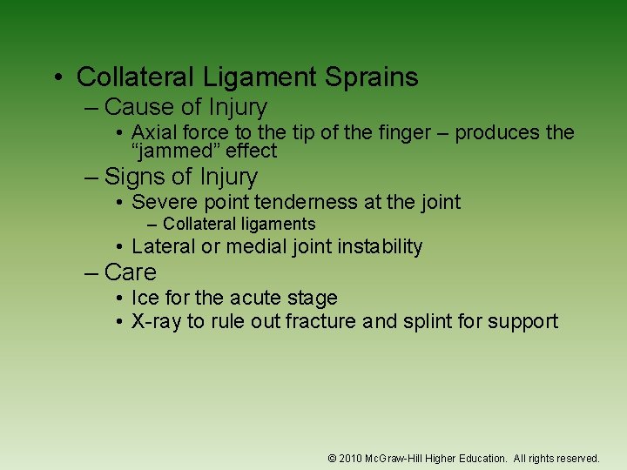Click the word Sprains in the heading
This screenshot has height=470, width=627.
click(371, 77)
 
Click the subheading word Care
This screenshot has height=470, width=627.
click(130, 272)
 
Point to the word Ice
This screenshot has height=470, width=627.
click(145, 299)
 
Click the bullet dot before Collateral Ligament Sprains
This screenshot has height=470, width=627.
click(57, 78)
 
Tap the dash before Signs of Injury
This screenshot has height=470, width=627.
click(91, 178)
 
